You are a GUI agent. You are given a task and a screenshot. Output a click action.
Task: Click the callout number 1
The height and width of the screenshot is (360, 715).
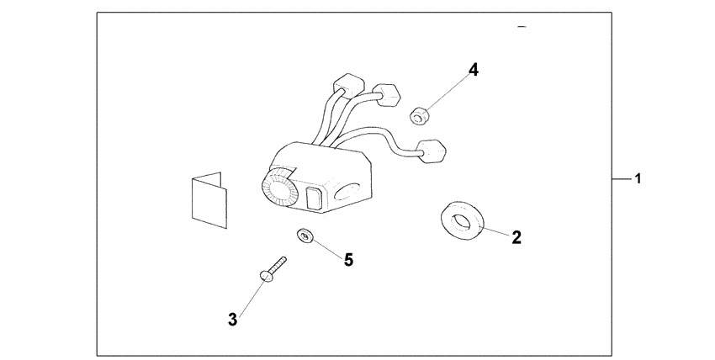tap(639, 179)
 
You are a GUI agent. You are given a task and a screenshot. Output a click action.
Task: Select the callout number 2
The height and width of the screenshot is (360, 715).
tap(516, 237)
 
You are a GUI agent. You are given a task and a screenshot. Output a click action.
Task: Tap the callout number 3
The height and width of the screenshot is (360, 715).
tap(233, 319)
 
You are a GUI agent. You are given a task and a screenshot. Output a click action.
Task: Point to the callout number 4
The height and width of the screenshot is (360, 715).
tap(474, 70)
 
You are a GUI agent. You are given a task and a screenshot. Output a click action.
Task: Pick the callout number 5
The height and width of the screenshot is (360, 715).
tap(348, 259)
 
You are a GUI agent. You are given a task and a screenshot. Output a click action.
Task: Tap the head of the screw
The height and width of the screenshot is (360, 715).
tap(266, 275)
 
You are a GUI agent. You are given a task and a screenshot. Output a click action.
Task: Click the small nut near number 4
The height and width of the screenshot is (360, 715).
tap(417, 114)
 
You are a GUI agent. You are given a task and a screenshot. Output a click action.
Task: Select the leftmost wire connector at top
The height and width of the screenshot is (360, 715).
tap(347, 83)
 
